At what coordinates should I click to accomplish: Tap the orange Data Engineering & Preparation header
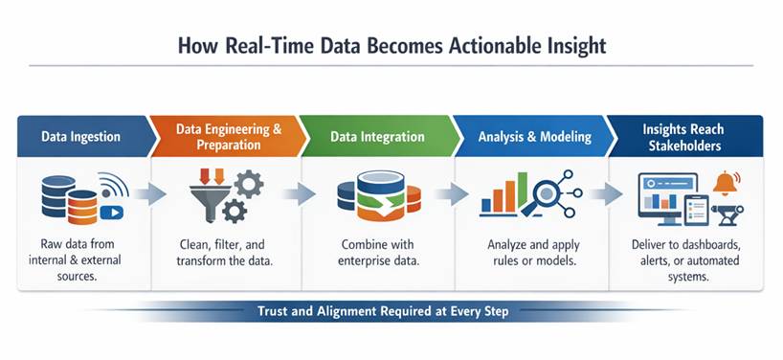(x=229, y=136)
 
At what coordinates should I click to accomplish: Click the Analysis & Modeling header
(x=534, y=136)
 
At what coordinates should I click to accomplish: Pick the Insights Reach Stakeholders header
(x=685, y=136)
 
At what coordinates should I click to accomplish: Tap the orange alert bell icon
(x=727, y=183)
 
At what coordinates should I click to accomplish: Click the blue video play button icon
(x=111, y=213)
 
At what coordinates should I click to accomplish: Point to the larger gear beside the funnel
(x=249, y=184)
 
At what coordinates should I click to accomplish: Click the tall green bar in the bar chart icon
(x=523, y=191)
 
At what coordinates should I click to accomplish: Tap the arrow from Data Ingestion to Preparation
(x=150, y=194)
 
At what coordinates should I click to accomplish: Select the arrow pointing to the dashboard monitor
(x=607, y=194)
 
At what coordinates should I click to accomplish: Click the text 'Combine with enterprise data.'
(x=378, y=252)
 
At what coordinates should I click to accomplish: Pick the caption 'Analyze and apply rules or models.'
(x=533, y=252)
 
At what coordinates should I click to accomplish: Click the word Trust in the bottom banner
(x=272, y=311)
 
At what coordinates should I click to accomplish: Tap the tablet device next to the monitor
(x=696, y=210)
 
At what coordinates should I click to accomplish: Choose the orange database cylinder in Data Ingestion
(x=82, y=207)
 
